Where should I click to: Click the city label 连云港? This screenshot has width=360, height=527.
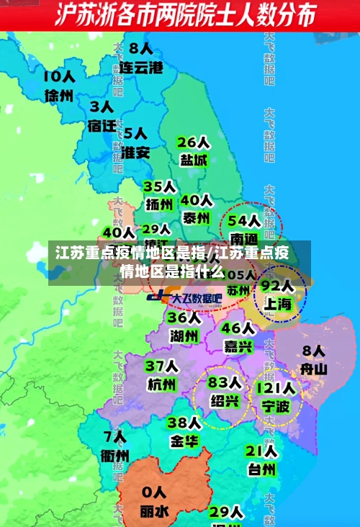(141, 68)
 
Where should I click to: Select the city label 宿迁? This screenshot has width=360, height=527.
(102, 126)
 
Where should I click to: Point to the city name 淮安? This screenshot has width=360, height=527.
(135, 153)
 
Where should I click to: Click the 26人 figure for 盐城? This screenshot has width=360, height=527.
(193, 142)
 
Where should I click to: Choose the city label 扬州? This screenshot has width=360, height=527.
(160, 204)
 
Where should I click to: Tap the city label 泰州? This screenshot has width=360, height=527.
(196, 217)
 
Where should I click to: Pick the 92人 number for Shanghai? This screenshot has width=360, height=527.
(277, 285)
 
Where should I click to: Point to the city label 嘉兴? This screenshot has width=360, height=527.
(238, 346)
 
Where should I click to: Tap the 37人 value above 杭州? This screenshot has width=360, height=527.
(161, 366)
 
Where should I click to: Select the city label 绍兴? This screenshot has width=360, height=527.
(224, 400)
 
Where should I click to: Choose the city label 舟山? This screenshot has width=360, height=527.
(313, 369)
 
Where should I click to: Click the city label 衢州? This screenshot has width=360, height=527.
(114, 456)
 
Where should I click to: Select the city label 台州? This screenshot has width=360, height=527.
(261, 469)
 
